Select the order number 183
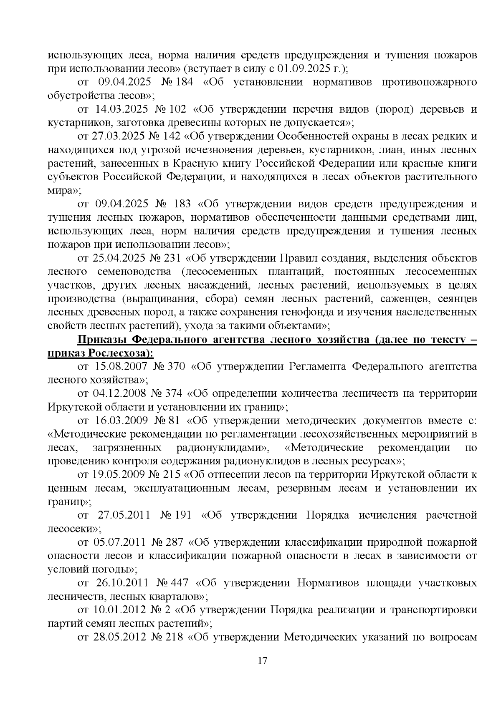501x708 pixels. coord(180,204)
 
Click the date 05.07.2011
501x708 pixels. coord(116,543)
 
